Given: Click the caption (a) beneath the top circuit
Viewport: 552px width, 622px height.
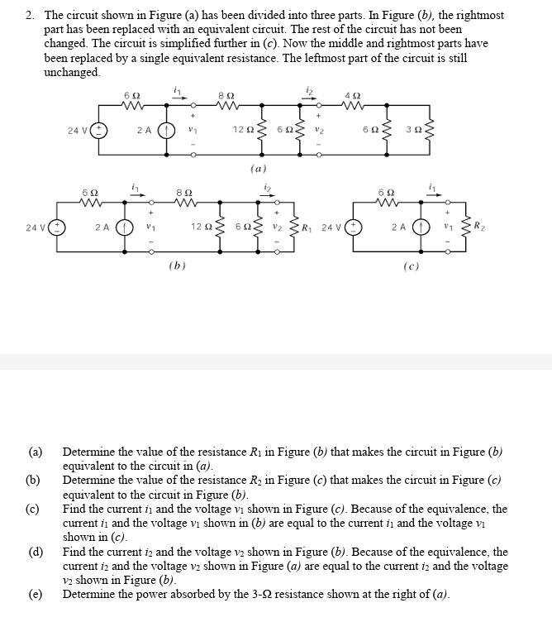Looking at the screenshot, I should click(x=257, y=168).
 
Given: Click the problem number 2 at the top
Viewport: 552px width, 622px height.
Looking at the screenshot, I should click(x=29, y=16).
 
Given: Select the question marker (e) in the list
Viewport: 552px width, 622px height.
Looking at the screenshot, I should click(x=34, y=595).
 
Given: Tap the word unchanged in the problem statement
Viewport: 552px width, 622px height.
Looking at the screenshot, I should click(x=72, y=72).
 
